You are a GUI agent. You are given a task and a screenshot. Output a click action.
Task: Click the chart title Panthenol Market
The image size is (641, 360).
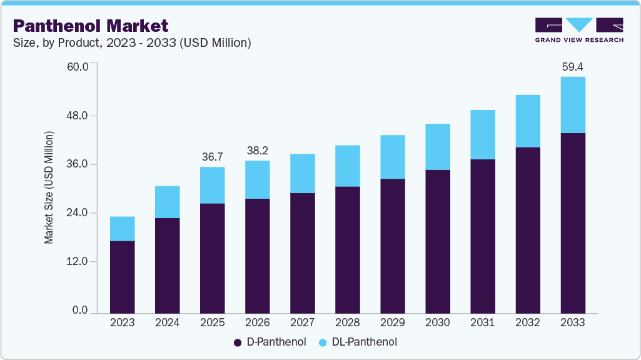click(91, 26)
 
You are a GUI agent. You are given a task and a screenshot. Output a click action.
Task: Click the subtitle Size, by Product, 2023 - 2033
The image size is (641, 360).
click(132, 43)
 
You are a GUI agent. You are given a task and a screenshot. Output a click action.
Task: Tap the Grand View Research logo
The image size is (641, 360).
click(579, 30)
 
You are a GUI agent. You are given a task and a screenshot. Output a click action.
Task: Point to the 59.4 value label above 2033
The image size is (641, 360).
click(572, 66)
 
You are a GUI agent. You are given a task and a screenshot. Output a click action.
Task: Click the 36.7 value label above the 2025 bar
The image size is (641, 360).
click(212, 156)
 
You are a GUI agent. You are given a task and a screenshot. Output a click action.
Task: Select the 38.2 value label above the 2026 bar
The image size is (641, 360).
click(257, 150)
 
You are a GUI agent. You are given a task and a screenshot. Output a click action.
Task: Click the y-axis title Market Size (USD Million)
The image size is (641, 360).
click(49, 187)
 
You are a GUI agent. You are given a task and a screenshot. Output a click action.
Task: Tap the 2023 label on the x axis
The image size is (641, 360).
click(122, 322)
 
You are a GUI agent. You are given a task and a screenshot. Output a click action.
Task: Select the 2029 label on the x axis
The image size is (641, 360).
click(392, 322)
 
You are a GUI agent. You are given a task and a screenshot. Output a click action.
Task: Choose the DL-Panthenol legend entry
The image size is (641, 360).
click(357, 342)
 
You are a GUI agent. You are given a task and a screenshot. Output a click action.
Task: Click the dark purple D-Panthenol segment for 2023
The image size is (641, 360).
click(122, 276)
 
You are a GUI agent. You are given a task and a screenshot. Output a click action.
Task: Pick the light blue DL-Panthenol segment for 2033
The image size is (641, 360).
click(572, 105)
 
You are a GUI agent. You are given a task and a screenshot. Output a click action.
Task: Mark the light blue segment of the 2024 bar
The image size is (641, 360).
click(167, 202)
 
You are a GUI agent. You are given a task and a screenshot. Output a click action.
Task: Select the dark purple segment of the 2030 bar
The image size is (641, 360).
click(437, 241)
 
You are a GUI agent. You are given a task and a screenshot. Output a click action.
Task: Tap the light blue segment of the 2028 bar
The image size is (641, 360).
click(347, 166)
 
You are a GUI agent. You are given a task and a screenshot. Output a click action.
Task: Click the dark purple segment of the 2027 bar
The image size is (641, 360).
click(302, 252)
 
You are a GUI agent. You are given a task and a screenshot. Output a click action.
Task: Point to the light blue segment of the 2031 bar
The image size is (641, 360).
click(482, 134)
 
